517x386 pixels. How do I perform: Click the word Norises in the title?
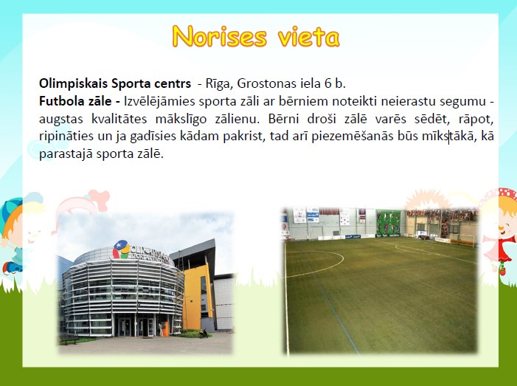pyautogui.click(x=220, y=36)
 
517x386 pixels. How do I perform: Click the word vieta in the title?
pyautogui.click(x=308, y=37)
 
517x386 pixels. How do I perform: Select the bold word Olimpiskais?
pyautogui.click(x=73, y=84)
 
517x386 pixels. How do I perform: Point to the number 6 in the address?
pyautogui.click(x=327, y=83)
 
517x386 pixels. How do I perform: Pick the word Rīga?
pyautogui.click(x=218, y=84)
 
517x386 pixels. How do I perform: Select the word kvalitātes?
pyautogui.click(x=119, y=118)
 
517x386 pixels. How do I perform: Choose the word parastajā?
pyautogui.click(x=66, y=154)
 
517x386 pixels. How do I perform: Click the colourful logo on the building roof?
pyautogui.click(x=121, y=249)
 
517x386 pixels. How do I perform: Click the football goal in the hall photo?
pyautogui.click(x=463, y=240)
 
